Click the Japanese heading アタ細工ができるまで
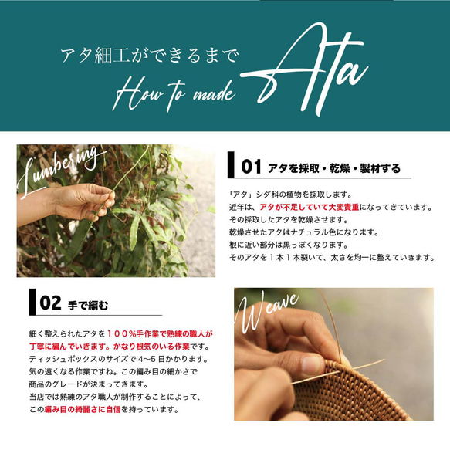(150, 56)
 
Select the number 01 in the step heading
(252, 167)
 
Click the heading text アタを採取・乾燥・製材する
(333, 167)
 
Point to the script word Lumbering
(65, 166)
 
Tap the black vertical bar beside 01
(232, 166)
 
